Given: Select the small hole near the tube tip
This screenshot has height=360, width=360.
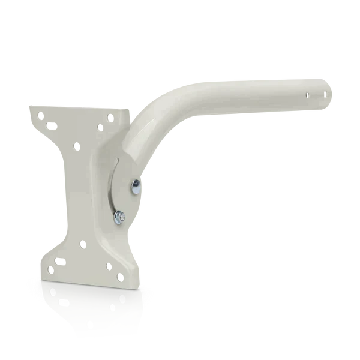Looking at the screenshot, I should (x=307, y=94).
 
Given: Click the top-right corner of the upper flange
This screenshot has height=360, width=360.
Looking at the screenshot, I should (x=128, y=107).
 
